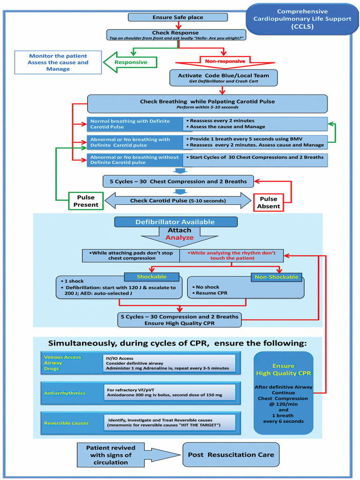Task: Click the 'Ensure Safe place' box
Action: (178, 17)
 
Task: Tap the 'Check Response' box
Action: (176, 35)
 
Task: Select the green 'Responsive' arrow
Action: (130, 62)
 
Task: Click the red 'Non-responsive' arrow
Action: (225, 62)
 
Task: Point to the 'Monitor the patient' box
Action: (58, 62)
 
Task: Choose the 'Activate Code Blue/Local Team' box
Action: (224, 78)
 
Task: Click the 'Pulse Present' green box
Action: (86, 201)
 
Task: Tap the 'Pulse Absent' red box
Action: (269, 202)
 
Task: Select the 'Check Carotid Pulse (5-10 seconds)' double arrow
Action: (178, 201)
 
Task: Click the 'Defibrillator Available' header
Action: (176, 222)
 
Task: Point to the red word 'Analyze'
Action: (180, 238)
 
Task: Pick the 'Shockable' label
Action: (151, 277)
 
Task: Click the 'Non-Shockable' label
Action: (277, 277)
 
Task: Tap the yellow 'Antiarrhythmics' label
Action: (65, 393)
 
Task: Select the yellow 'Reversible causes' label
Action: (66, 423)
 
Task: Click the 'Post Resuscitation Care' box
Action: (231, 455)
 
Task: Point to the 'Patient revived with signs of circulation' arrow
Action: (128, 455)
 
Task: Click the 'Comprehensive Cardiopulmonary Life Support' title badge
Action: (302, 19)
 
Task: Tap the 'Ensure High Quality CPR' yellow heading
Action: (284, 369)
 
